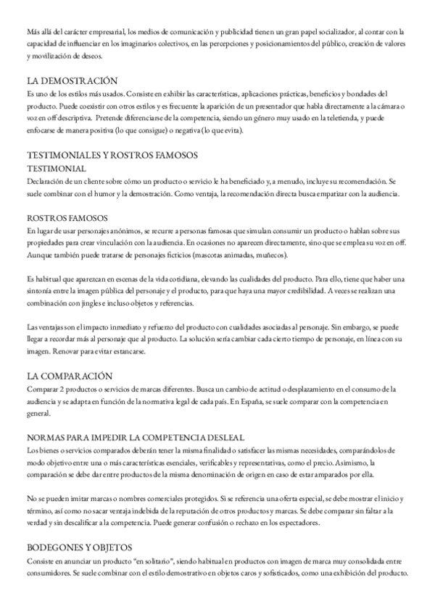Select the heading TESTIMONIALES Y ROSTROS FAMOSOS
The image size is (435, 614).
click(112, 155)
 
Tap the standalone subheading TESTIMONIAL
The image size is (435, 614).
click(57, 167)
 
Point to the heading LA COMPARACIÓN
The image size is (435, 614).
click(70, 376)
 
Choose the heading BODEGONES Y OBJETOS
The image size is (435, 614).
click(85, 547)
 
